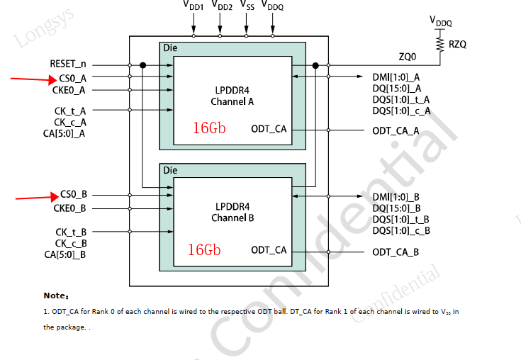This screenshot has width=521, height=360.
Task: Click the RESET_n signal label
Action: tap(68, 64)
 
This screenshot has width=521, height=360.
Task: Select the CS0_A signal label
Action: tap(73, 77)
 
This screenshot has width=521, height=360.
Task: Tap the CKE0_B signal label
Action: tap(69, 208)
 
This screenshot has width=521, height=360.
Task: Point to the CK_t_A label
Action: tap(70, 111)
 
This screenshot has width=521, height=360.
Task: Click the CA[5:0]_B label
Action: tap(65, 254)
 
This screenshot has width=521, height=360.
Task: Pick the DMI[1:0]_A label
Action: tap(396, 77)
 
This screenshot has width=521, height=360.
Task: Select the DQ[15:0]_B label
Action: tap(396, 208)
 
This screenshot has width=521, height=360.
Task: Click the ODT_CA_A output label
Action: tap(396, 130)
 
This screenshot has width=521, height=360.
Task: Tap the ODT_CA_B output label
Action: tap(396, 252)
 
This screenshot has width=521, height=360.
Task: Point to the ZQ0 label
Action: tap(408, 56)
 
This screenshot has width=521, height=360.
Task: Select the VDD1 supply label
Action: tap(193, 7)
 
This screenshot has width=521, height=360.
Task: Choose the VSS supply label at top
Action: tap(247, 6)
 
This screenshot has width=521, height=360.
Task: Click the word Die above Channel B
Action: tap(170, 171)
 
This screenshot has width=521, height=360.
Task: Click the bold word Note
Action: tap(55, 296)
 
